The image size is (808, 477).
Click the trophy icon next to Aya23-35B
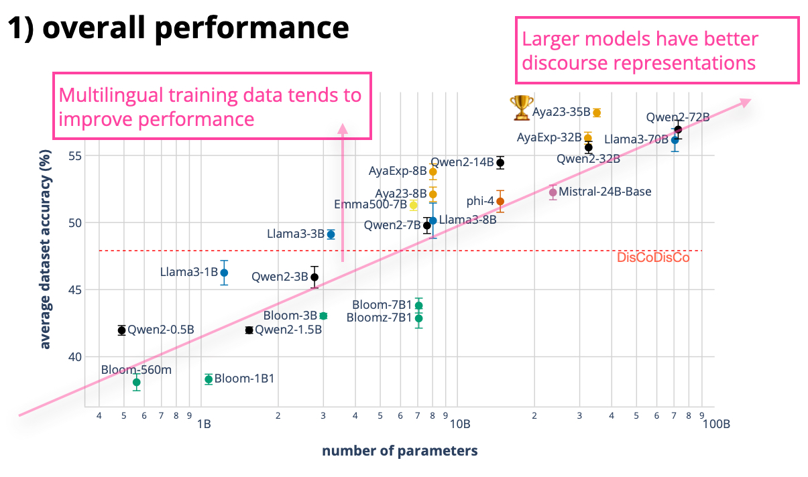coord(521,108)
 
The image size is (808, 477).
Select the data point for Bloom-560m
coord(136,382)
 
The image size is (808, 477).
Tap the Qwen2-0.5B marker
coord(122,330)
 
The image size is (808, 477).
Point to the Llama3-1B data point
coord(224,273)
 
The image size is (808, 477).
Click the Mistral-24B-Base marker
coord(553,192)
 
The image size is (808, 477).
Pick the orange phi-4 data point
coord(500,201)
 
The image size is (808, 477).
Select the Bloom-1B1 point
coord(209,379)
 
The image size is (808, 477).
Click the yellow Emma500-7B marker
coord(414,205)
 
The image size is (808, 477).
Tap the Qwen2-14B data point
coord(500,163)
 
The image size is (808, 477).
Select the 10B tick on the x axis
coord(460,424)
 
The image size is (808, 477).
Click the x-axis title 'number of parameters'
coord(400,450)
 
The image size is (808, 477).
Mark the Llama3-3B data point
coord(331,234)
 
